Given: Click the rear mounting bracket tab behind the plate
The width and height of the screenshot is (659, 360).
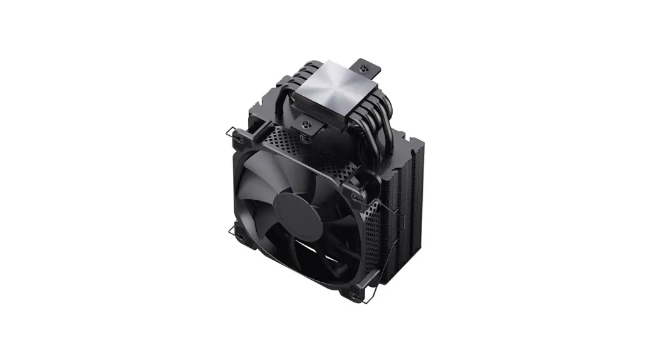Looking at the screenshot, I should pos(367,68).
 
